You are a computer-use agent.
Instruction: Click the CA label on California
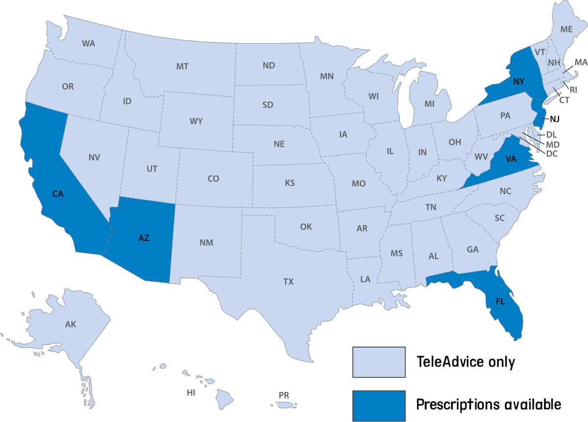(58, 194)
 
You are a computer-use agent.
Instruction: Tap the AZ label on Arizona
(144, 238)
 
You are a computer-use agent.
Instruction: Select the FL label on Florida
(500, 302)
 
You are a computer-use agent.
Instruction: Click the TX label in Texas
(288, 282)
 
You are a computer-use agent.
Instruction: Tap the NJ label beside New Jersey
(554, 119)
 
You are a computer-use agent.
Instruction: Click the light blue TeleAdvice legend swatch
(379, 362)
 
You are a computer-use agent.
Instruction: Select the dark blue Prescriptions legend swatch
(379, 405)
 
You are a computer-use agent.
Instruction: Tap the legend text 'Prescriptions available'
(488, 405)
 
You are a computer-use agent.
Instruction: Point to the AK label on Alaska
(71, 324)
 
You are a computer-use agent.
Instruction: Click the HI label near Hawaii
(191, 393)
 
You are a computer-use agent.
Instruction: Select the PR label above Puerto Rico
(284, 395)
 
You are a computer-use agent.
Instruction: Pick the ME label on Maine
(566, 29)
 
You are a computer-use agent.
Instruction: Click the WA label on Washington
(88, 43)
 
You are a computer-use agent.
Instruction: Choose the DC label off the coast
(552, 154)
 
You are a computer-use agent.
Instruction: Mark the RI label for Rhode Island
(573, 90)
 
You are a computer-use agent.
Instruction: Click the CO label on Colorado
(213, 179)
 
